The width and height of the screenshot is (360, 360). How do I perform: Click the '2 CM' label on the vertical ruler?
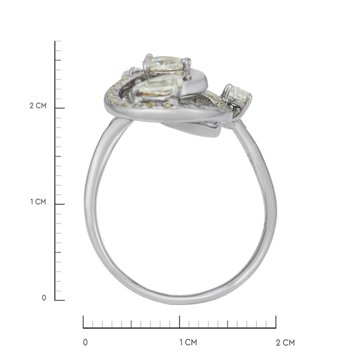[38, 105]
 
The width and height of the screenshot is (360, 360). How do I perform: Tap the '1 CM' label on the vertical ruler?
[38, 202]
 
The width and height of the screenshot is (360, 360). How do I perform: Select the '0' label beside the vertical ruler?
[44, 298]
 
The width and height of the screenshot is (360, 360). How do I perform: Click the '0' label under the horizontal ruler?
[85, 343]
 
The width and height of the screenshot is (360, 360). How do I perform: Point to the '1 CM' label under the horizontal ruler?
[188, 343]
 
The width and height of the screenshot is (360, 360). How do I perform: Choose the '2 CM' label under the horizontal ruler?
[285, 343]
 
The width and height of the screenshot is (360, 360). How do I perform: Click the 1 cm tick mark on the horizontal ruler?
[179, 322]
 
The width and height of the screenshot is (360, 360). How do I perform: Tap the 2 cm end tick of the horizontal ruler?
[276, 322]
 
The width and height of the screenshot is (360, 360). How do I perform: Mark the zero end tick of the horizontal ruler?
[83, 322]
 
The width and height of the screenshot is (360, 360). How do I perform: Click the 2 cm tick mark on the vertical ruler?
[60, 108]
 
